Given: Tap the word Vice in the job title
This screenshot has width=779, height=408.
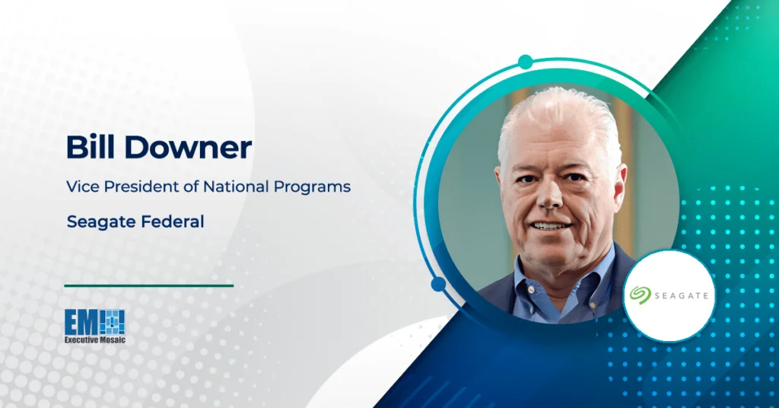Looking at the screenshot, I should (81, 186).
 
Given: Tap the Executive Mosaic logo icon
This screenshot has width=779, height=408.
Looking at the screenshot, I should (95, 320).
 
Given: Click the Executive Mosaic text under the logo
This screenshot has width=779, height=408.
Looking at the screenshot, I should (95, 339).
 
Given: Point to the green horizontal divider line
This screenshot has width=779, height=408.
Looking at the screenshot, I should (148, 285).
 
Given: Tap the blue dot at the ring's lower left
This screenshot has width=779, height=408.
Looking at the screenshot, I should (438, 285).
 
